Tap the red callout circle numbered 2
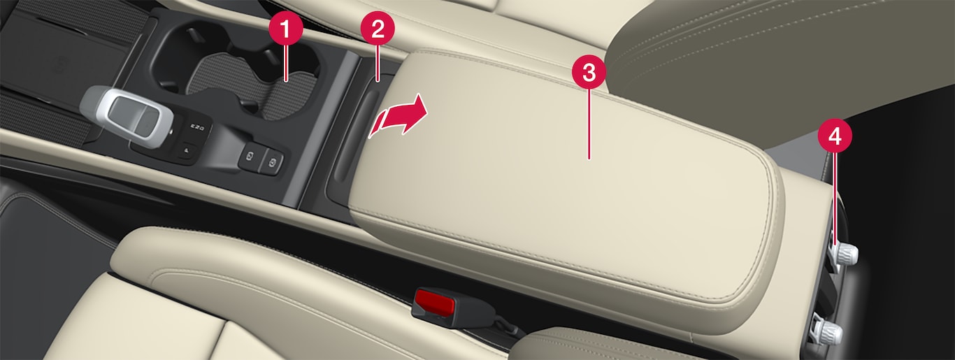(x=378, y=28)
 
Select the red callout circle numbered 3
(x=589, y=73)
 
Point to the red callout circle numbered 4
(x=835, y=136)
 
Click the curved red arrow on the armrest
(x=398, y=117)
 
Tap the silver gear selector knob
(x=127, y=116)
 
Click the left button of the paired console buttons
(x=250, y=157)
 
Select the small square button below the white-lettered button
(x=186, y=150)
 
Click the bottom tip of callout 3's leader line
(x=589, y=159)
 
